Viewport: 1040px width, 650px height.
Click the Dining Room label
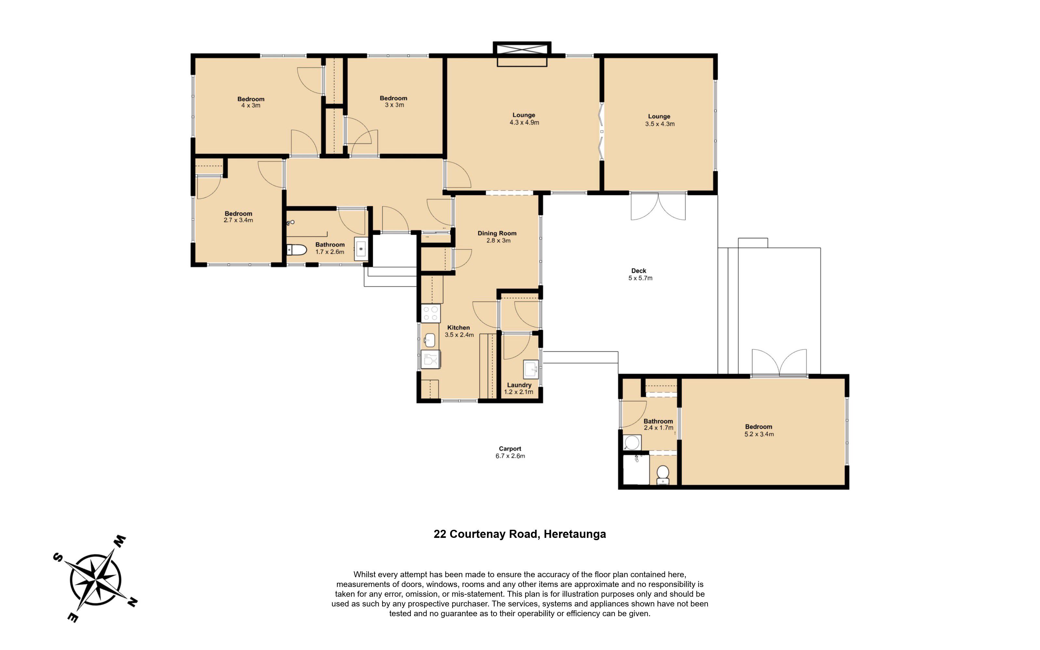tap(497, 233)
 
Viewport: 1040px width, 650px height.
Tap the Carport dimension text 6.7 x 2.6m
tap(510, 456)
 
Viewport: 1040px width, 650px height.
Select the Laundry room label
tap(519, 385)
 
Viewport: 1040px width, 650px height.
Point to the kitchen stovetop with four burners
tap(431, 313)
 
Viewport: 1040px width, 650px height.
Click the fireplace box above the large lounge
tap(522, 54)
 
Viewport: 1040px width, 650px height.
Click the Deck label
tap(639, 271)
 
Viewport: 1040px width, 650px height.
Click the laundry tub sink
tap(531, 369)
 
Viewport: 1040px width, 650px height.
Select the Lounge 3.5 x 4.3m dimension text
tap(660, 124)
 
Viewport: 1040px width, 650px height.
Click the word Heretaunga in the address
tap(575, 534)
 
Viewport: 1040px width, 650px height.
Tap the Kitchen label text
tap(459, 328)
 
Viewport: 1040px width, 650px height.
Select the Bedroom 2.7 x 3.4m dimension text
tap(239, 220)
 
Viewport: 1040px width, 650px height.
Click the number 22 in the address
tap(440, 534)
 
